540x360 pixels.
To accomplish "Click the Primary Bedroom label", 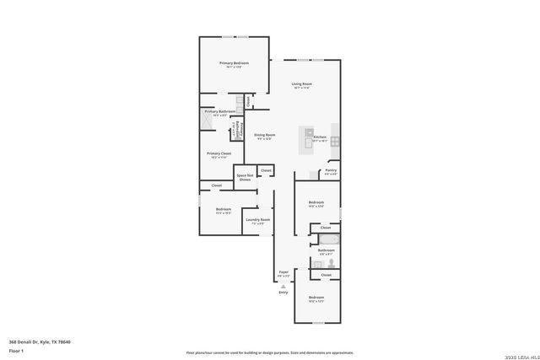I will coord(234,63).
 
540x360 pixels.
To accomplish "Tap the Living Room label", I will coord(302,83).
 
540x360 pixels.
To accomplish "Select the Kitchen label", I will coord(320,137).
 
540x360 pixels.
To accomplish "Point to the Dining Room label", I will coord(265,135).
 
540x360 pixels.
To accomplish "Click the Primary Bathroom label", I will coord(219,111).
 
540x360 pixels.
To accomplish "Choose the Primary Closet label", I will coord(219,153).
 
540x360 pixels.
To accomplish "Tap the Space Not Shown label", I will coord(245,177).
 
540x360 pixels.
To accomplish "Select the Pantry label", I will coord(332,171).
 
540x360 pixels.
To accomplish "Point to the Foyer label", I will coord(284,271).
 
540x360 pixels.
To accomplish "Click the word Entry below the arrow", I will coord(283,292).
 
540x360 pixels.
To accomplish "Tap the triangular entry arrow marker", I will coord(283,286).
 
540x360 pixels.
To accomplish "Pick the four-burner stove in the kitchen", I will coord(335,139).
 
